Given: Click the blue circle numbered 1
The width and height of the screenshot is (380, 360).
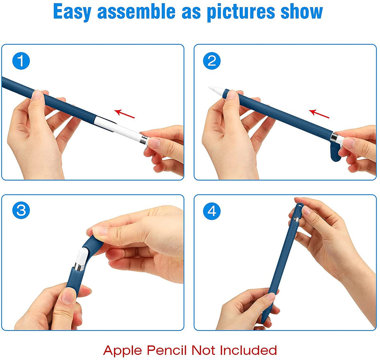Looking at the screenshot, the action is (x=21, y=61).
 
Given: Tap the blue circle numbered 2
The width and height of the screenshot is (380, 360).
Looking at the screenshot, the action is (x=211, y=61).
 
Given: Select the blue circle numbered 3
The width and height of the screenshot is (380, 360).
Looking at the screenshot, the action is (x=21, y=210).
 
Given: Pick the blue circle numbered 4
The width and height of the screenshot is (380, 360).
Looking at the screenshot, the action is (x=211, y=211).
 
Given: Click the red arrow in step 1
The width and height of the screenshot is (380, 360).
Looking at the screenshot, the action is (x=124, y=114).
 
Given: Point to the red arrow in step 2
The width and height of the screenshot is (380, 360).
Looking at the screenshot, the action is (x=319, y=114).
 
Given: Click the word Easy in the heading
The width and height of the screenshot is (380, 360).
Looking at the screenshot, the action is (x=72, y=11).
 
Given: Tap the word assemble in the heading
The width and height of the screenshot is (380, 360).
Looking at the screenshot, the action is (x=136, y=11).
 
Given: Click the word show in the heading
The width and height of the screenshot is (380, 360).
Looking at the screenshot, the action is (x=302, y=11).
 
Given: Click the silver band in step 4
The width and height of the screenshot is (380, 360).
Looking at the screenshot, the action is (x=296, y=220).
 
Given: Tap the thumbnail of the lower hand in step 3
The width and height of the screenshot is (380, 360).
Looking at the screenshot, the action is (x=68, y=295).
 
